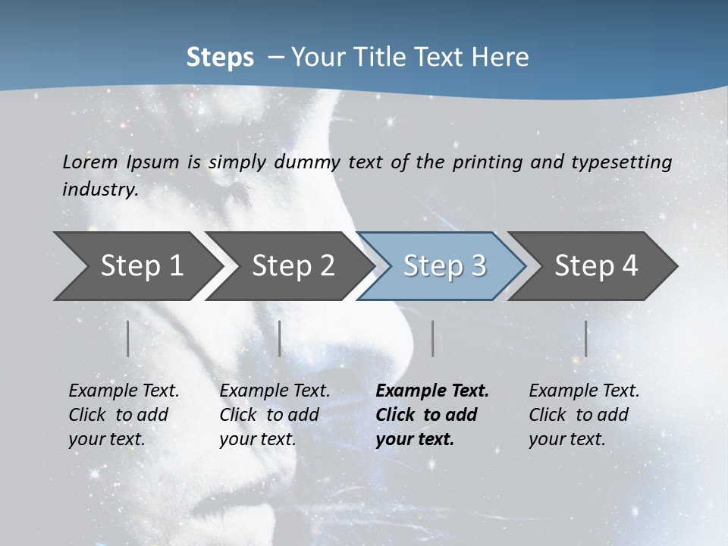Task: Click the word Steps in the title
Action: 220,58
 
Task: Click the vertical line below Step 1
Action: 128,338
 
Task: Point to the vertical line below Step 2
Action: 280,338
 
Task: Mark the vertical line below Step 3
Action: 432,338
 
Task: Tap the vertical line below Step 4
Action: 586,338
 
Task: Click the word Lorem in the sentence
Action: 91,162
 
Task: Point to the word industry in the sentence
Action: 100,190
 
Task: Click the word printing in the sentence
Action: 485,162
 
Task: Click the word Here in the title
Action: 505,58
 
